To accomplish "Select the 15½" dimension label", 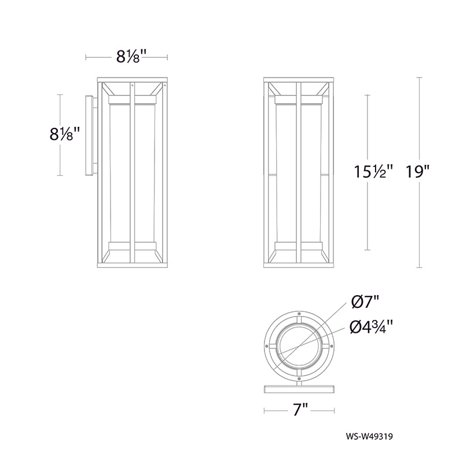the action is click(373, 172).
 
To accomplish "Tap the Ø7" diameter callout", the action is click(365, 302).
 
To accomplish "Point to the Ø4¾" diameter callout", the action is click(372, 327).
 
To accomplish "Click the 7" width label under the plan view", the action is click(299, 410).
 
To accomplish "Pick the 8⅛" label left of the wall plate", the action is click(65, 134).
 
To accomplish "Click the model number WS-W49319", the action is click(369, 436).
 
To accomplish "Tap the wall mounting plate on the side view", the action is click(89, 135).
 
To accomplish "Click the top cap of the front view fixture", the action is click(299, 80).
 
